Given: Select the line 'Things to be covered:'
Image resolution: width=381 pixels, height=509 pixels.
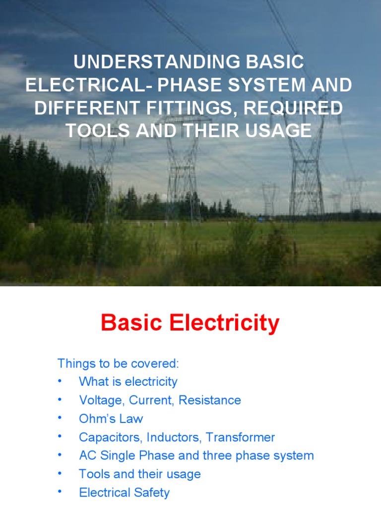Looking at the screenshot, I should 118,363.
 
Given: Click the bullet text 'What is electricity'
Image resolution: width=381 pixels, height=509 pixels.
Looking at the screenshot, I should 128,382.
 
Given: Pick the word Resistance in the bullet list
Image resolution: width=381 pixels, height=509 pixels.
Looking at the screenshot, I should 210,400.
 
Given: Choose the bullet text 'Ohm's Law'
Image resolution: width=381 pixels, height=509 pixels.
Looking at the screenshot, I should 111,419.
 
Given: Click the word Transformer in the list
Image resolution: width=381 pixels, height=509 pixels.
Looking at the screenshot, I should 241,437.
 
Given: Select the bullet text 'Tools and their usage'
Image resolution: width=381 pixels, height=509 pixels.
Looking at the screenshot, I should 140,474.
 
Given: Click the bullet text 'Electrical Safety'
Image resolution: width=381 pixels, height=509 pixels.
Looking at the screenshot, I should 124,493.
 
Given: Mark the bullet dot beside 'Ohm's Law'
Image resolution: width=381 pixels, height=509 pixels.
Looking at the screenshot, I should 60,418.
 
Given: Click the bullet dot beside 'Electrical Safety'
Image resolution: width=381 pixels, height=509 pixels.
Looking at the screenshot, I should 60,492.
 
